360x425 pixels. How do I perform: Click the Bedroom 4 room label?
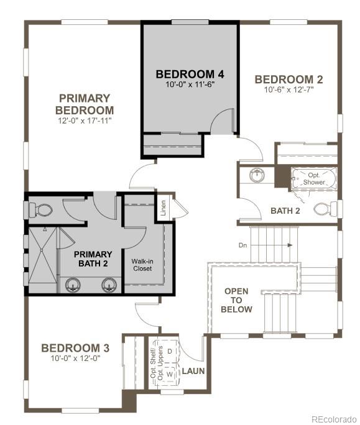[190, 75]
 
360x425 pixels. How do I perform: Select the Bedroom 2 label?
[288, 79]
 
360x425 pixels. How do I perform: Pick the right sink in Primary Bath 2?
[109, 286]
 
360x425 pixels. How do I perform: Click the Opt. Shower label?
[314, 179]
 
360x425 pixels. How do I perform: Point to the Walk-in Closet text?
[142, 265]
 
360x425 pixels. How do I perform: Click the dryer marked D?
[170, 352]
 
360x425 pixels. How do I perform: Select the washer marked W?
[170, 375]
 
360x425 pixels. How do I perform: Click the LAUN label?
[193, 372]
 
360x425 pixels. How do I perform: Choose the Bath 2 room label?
[285, 211]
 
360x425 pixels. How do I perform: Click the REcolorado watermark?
[334, 418]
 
